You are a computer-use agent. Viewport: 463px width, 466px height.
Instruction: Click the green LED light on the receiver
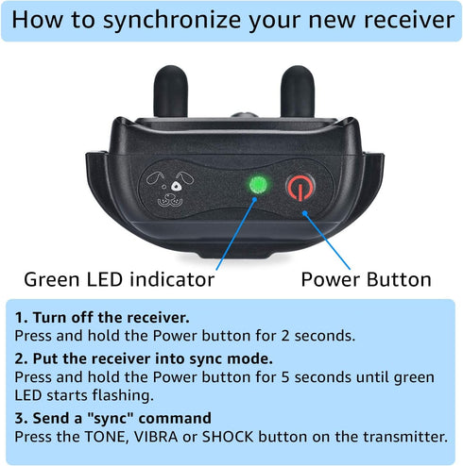pos(258,184)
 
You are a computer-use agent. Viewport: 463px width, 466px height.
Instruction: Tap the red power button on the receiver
pos(300,188)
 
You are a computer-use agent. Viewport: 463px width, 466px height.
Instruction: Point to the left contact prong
pos(171,92)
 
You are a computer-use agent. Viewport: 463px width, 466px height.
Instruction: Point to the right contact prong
pos(298,92)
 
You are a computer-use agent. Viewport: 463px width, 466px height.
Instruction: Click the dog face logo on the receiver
pos(170,190)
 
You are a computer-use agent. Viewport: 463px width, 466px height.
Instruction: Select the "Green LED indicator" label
pos(119,279)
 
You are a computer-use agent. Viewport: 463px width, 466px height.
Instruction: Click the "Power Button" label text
pos(366,279)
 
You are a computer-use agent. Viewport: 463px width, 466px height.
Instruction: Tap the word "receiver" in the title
pos(409,20)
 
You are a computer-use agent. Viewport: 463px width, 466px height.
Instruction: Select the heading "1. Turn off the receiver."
pos(102,317)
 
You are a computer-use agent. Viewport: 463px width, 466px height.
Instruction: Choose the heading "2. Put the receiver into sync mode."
pos(144,358)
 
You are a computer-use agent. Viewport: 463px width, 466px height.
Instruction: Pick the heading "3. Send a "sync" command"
pos(113,418)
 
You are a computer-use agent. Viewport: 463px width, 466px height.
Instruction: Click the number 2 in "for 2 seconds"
pos(285,336)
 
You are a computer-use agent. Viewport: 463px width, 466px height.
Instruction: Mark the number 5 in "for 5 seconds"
pos(285,377)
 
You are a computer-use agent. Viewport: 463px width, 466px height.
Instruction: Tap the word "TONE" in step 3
pos(107,437)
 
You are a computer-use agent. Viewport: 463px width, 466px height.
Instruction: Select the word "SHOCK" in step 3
pos(228,437)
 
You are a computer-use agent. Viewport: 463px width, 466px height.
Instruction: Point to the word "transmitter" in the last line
pos(405,437)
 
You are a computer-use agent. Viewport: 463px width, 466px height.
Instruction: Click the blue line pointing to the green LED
pos(236,234)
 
